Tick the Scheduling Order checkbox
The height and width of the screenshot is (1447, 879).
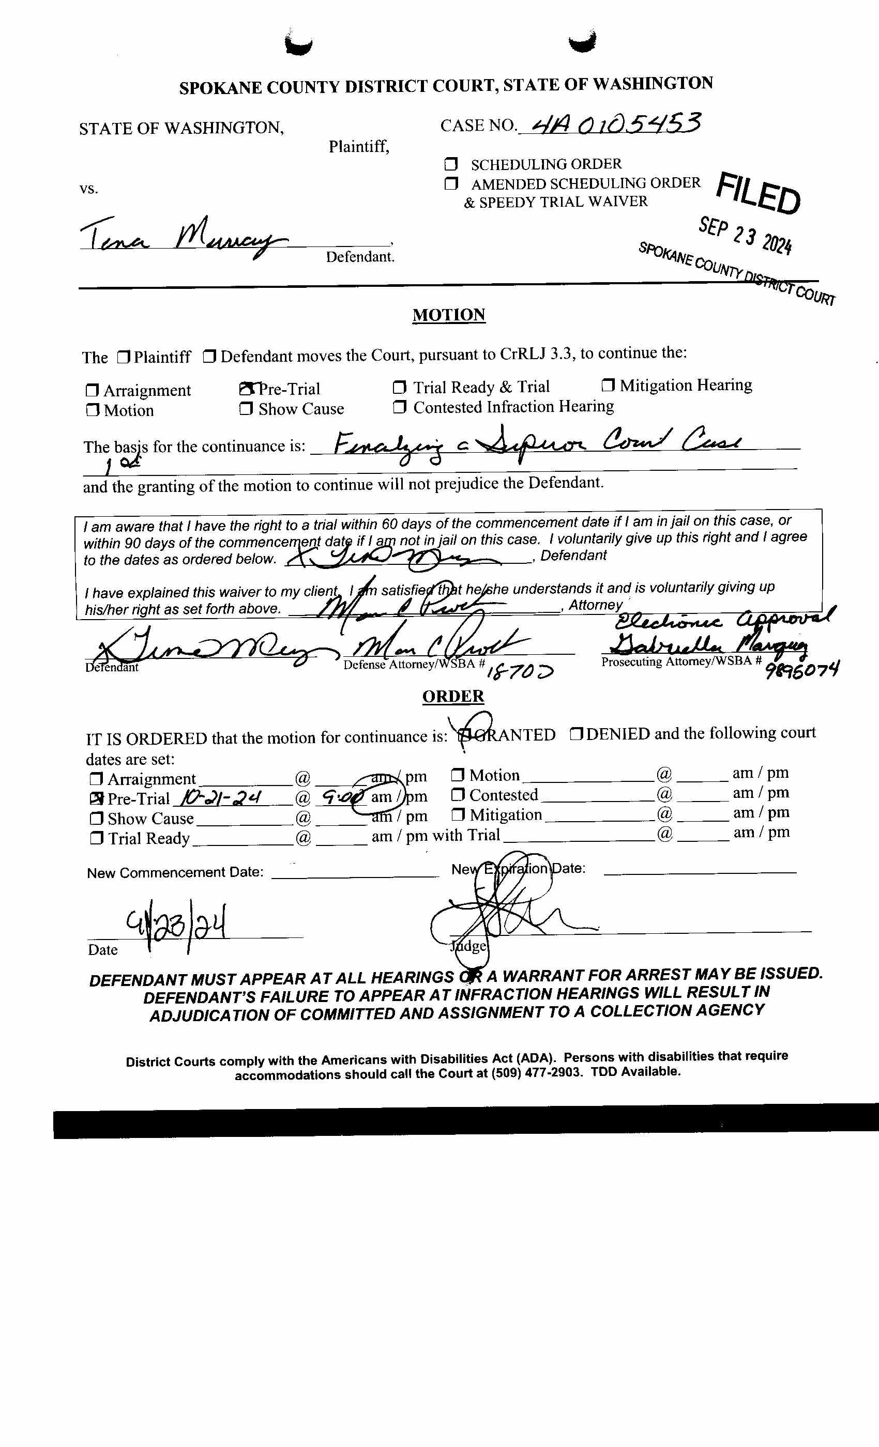pos(451,164)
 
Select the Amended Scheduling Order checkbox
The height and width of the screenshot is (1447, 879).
pos(451,184)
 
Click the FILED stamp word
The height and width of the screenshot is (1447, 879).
pos(758,194)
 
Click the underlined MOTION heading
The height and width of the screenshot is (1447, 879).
pos(448,315)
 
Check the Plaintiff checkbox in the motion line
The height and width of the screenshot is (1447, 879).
pos(123,357)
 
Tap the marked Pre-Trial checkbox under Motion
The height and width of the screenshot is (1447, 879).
pos(246,389)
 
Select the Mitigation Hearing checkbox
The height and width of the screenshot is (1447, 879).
pos(608,385)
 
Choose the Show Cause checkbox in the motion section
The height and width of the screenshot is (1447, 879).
pos(246,409)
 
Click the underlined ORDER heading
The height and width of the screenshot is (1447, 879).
pos(453,696)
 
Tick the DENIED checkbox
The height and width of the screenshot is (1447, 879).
pos(576,734)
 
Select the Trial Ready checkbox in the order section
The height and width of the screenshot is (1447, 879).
pos(96,838)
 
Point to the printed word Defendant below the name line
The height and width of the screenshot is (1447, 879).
pos(360,257)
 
